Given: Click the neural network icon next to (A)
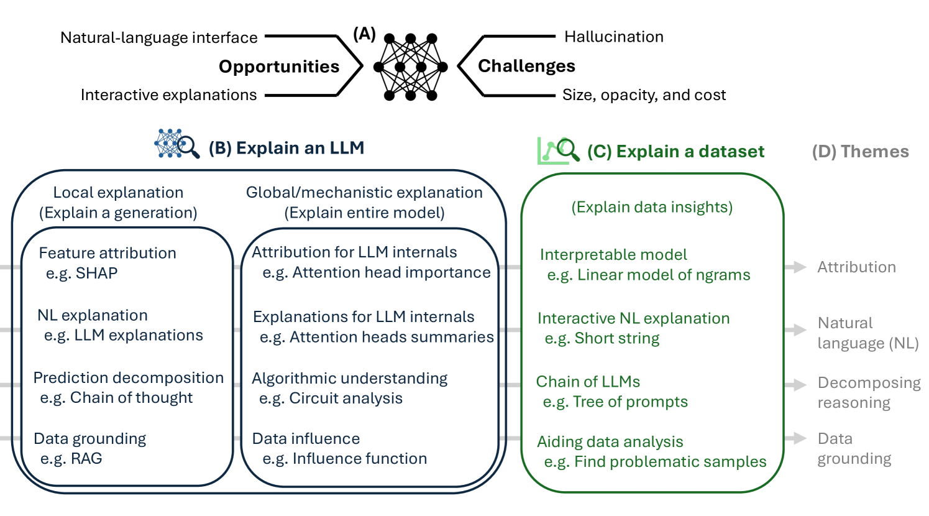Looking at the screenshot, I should [x=410, y=67].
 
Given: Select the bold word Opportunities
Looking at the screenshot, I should [x=279, y=67].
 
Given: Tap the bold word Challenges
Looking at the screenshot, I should [x=526, y=66].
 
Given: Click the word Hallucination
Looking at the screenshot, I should [x=613, y=37].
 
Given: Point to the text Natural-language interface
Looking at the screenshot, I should [x=159, y=38].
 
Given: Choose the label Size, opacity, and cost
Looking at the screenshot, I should [x=644, y=95].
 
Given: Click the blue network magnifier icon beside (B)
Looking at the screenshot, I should [x=177, y=144].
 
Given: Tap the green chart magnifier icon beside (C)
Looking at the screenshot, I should [x=558, y=150].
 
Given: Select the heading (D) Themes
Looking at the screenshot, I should [x=860, y=152].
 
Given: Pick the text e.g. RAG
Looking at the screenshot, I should [x=71, y=458].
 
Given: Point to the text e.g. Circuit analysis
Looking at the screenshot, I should [x=331, y=398].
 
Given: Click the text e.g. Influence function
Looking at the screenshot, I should [x=344, y=458].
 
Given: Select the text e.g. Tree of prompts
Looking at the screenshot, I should [x=615, y=402].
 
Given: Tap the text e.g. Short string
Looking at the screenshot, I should [x=602, y=338].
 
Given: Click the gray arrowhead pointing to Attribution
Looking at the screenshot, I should [x=797, y=267].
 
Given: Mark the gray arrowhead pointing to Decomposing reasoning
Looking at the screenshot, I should [x=797, y=385].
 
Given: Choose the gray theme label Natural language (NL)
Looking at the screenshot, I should [x=867, y=333].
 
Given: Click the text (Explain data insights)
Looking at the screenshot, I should [x=652, y=207].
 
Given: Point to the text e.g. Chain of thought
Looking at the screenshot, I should [x=116, y=397].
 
